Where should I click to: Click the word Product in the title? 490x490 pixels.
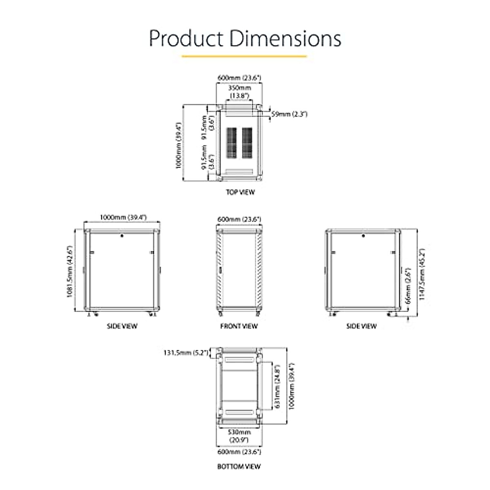pos(186,38)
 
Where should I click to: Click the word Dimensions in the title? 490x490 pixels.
pos(285,38)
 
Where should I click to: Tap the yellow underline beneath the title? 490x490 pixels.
pos(244,56)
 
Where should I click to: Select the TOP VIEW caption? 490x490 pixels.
pos(241,192)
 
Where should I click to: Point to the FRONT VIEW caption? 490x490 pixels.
pos(239,326)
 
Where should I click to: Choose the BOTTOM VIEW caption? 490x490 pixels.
pos(239,466)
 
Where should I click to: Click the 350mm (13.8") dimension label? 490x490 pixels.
pos(239,92)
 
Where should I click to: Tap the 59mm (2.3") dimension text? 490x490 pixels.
pos(289,114)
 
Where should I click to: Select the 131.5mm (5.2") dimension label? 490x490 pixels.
pos(186,353)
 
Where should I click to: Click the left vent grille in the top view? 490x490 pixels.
pos(232,143)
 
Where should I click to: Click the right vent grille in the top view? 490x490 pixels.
pos(247,143)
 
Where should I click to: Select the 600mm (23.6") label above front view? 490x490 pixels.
pos(239,219)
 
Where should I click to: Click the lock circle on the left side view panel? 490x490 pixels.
pos(122,236)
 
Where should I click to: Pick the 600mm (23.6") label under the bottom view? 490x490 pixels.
pos(239,452)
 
